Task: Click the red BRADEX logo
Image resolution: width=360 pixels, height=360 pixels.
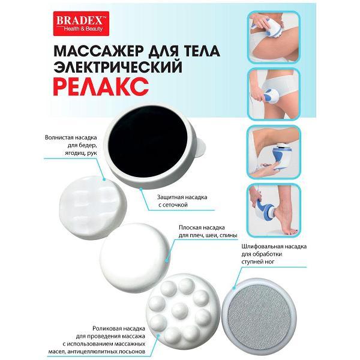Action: click(81, 23)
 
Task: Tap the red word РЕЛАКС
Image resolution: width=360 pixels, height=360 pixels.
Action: click(101, 87)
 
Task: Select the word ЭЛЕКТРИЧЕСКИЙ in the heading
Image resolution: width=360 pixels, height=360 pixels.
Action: click(118, 67)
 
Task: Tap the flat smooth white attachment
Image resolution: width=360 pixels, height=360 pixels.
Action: click(136, 257)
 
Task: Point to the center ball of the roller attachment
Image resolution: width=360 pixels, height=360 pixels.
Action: click(179, 310)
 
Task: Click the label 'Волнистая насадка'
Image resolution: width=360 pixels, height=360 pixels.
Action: click(71, 137)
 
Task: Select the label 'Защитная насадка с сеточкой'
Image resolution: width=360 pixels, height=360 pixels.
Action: click(182, 201)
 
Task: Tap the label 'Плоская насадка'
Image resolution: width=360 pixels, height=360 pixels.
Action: click(202, 227)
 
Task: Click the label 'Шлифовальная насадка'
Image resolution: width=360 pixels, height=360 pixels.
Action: click(274, 247)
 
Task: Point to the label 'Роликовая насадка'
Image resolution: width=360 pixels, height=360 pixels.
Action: click(119, 328)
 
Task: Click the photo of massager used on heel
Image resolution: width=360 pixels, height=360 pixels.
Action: click(274, 211)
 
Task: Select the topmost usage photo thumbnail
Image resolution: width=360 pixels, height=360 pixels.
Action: click(274, 37)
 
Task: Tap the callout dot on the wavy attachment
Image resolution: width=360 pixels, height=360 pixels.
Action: click(104, 179)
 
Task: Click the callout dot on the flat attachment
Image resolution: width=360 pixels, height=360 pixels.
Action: click(167, 260)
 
